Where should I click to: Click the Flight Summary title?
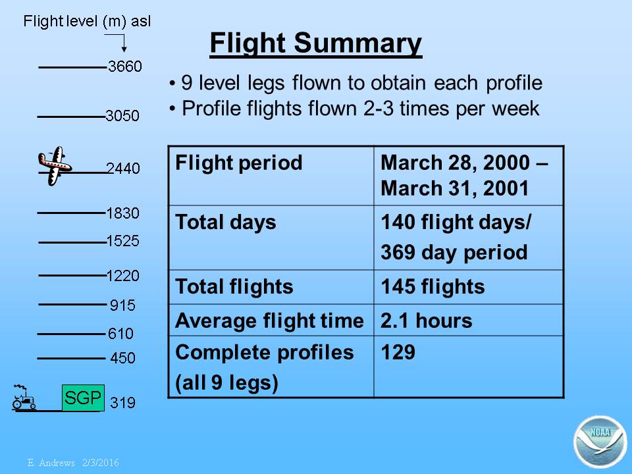tap(315, 43)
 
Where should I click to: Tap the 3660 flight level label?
tap(125, 66)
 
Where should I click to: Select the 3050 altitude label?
tap(122, 116)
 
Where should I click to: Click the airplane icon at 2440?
tap(55, 166)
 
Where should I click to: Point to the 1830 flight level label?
tap(123, 213)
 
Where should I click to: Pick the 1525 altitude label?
tap(123, 241)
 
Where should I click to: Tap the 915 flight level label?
tap(122, 305)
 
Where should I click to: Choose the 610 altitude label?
tap(120, 333)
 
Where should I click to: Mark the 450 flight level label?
tap(122, 358)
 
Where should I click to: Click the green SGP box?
tap(83, 398)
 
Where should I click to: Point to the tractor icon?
tap(24, 398)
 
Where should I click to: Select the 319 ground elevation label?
tap(122, 403)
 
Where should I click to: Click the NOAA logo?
tap(600, 442)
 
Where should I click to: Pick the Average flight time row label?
tap(269, 321)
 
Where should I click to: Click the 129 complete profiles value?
tap(398, 352)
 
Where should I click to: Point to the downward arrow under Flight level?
tap(124, 43)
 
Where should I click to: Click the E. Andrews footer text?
tap(73, 462)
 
